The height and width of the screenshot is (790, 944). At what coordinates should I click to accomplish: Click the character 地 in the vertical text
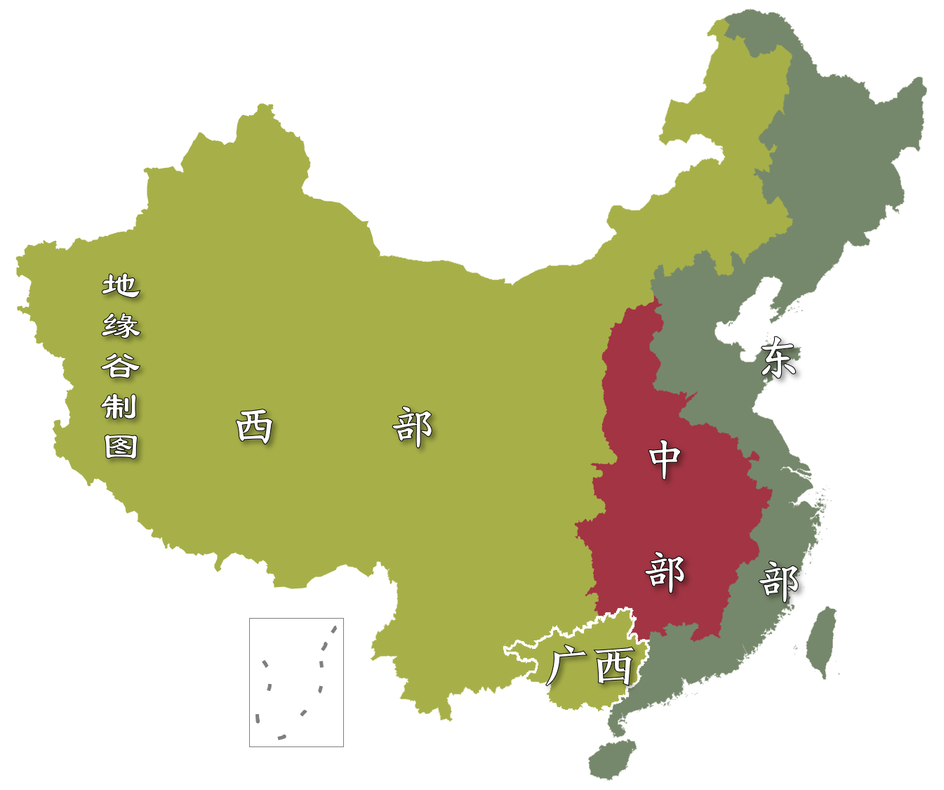121,285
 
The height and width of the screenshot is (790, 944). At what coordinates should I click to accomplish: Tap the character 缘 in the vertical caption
121,325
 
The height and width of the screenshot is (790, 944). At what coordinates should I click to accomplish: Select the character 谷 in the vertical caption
121,365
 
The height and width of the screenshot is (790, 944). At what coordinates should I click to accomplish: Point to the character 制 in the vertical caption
120,406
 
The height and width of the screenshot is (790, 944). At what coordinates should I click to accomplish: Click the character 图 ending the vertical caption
121,446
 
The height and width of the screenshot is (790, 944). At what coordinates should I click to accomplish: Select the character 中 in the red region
664,460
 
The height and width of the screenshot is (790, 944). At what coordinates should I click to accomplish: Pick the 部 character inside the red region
664,572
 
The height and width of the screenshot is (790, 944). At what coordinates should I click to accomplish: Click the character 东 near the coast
778,357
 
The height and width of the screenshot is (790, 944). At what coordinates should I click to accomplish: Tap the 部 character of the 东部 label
779,581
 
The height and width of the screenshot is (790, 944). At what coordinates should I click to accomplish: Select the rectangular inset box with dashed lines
296,682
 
